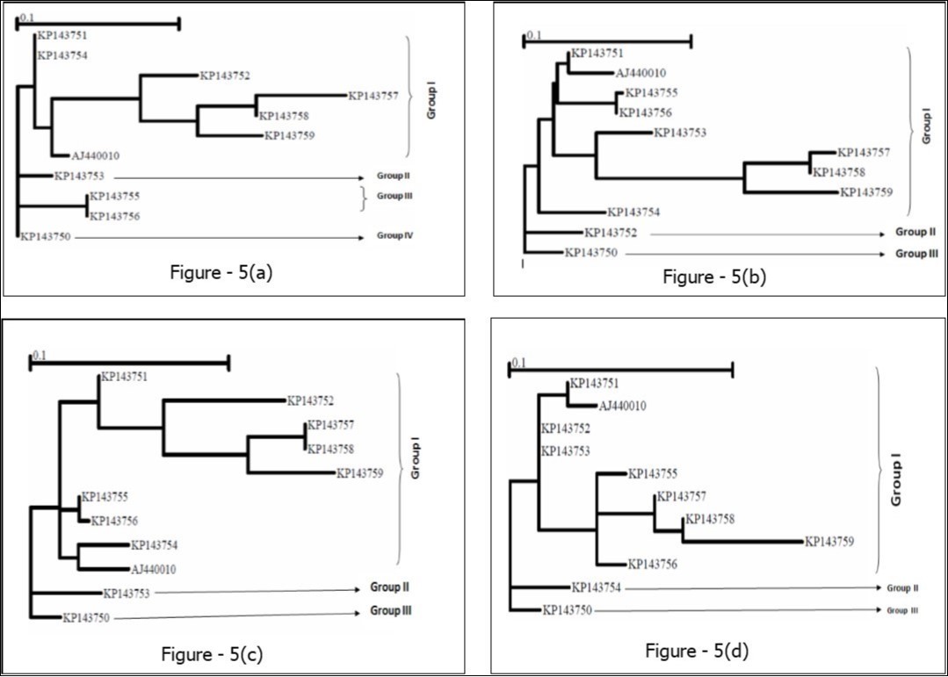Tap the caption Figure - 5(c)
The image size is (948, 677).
[212, 654]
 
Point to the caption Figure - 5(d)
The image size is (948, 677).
[697, 651]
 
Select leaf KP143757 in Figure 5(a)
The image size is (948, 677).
[373, 96]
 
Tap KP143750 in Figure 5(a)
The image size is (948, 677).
[46, 236]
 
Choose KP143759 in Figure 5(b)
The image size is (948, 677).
[866, 192]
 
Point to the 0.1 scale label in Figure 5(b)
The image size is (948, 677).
[532, 36]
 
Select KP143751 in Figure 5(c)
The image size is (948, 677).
[124, 377]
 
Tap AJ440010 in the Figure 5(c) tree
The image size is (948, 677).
[153, 569]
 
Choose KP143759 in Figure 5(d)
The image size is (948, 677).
[829, 542]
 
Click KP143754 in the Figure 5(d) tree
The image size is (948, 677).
[598, 587]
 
